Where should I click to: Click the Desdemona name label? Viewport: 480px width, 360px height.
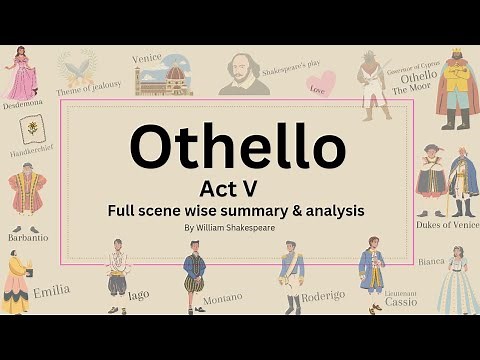pos(23,104)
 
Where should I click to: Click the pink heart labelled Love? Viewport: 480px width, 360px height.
pos(316,87)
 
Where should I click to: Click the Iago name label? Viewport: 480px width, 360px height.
pos(140,293)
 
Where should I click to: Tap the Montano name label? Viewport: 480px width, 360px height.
pos(223,297)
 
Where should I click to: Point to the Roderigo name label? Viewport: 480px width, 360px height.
pos(322,296)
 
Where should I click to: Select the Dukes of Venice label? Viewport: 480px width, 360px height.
pos(447,224)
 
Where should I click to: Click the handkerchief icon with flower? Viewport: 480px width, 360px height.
pos(32,129)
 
